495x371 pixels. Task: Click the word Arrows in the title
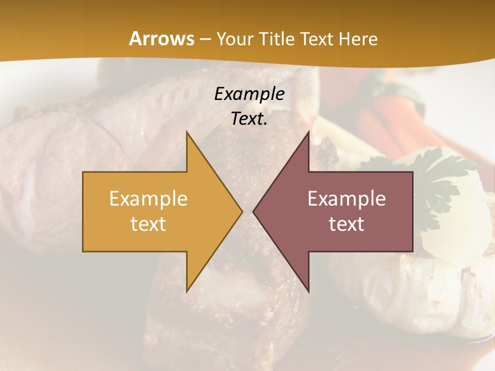click(162, 39)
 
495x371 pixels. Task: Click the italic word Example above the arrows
click(249, 94)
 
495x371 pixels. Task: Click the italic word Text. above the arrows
click(249, 119)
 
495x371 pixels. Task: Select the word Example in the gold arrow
click(148, 198)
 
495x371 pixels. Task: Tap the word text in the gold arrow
click(148, 224)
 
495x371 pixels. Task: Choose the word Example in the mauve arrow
click(346, 198)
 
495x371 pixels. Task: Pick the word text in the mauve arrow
click(346, 224)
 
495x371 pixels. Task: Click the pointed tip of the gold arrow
click(241, 211)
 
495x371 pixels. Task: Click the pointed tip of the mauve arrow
click(254, 211)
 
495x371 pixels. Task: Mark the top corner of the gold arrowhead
click(187, 132)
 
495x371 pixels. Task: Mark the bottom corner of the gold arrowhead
click(187, 291)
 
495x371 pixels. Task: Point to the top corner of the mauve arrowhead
click(308, 132)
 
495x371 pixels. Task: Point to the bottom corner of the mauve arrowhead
click(308, 291)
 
